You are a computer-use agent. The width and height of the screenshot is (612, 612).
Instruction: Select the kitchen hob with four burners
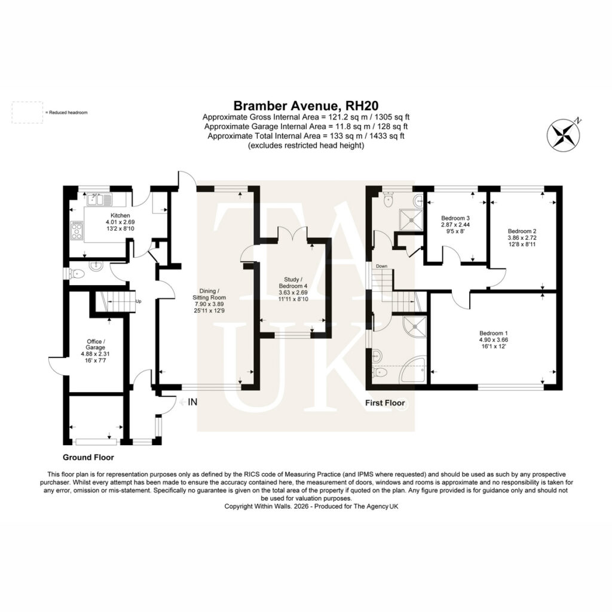(77, 230)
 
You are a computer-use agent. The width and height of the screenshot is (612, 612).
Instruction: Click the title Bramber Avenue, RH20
(305, 105)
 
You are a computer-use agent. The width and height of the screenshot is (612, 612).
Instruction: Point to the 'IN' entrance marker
(192, 402)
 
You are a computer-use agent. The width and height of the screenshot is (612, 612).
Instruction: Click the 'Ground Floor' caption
(88, 457)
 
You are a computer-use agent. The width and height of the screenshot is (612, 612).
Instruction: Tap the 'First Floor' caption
(385, 402)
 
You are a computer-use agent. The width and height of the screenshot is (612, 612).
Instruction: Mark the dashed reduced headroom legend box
(27, 112)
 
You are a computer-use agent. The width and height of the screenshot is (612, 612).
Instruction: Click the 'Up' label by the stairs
(138, 301)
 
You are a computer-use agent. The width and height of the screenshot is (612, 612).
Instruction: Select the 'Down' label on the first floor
(381, 266)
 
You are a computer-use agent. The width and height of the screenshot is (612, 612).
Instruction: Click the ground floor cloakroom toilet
(76, 274)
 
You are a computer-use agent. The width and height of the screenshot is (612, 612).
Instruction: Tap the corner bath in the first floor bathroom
(413, 369)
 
